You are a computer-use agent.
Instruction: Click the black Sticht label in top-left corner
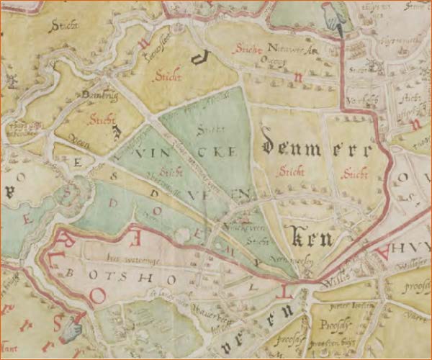63,27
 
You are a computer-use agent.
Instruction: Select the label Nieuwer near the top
282,49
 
